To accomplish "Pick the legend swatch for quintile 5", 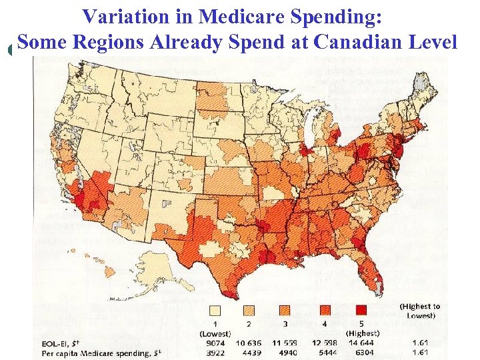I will [361, 310].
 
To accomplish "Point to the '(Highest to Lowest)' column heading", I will [420, 311].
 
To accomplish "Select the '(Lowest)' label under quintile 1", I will [215, 333].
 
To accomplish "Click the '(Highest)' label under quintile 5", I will [362, 333].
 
